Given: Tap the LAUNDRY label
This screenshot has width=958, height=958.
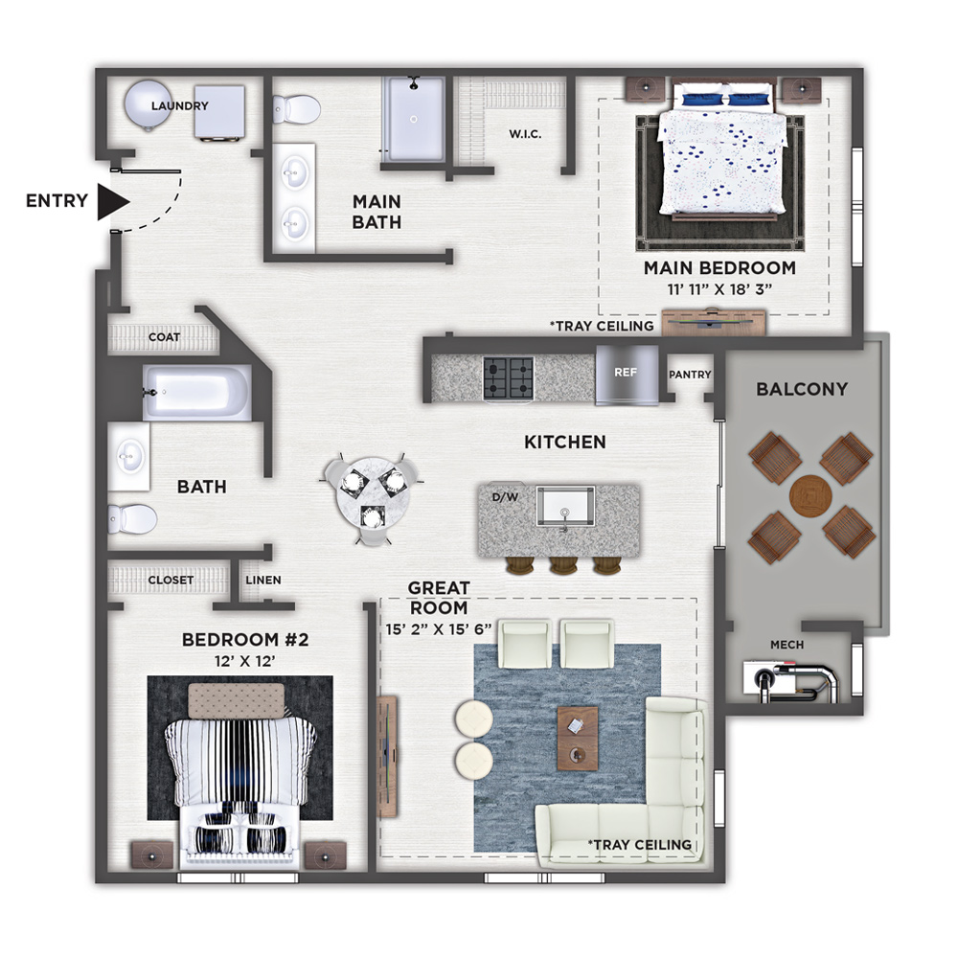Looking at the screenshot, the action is tap(180, 105).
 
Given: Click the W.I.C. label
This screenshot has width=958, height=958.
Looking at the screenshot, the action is tap(525, 134).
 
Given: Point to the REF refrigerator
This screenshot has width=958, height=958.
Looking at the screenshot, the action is tap(627, 375).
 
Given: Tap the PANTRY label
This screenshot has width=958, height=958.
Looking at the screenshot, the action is tap(690, 374).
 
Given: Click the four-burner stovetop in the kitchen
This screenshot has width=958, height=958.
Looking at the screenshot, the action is tap(509, 378).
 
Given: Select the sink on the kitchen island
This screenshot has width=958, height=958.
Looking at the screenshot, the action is tap(565, 507).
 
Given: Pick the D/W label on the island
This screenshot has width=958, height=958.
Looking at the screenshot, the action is tap(505, 497).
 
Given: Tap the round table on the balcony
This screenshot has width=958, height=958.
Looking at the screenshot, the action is tap(810, 495).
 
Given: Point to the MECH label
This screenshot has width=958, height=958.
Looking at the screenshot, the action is tap(787, 645).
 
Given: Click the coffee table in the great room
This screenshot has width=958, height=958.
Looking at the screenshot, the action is tap(578, 738).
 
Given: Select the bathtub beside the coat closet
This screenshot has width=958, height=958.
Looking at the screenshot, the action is tap(196, 392).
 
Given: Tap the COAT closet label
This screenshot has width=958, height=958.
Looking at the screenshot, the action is tap(165, 336).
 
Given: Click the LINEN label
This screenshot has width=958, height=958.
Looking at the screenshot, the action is tap(263, 580).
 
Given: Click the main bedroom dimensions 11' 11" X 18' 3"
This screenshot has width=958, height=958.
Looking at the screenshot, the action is tap(719, 289).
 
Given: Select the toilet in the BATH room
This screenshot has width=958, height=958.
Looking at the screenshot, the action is tap(132, 518).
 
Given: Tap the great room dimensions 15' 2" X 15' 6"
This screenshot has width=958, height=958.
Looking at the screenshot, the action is tap(439, 629).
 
